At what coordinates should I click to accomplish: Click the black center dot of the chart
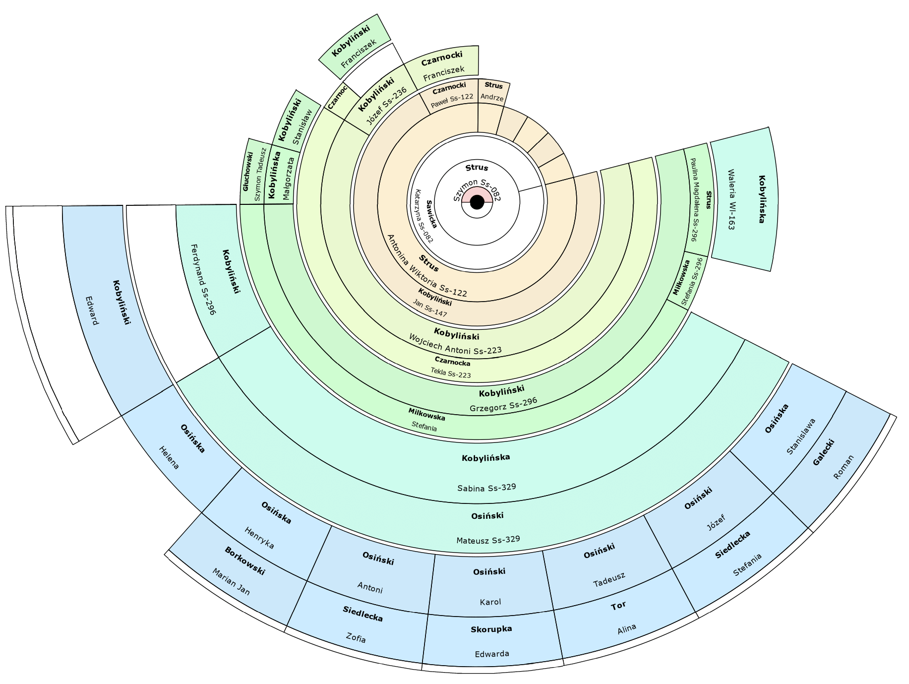point(477,202)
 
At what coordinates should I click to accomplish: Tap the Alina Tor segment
point(622,618)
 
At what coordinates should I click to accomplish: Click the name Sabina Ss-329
point(486,488)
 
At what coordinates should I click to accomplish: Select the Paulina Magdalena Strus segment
point(699,198)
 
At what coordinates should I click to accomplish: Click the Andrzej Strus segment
point(493,92)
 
